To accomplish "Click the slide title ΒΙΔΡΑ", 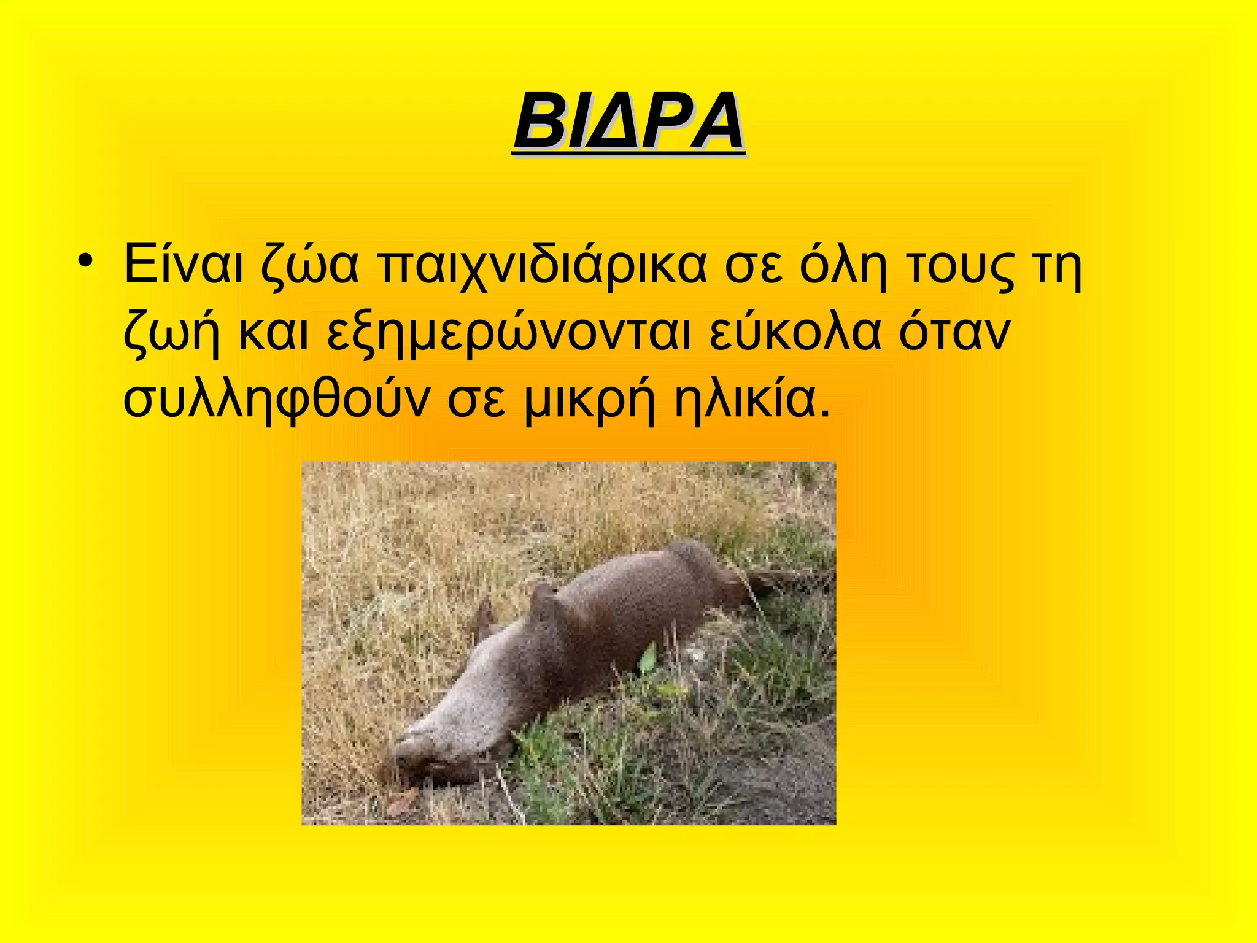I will point(629,122).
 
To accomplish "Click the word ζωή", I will point(171,335).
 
